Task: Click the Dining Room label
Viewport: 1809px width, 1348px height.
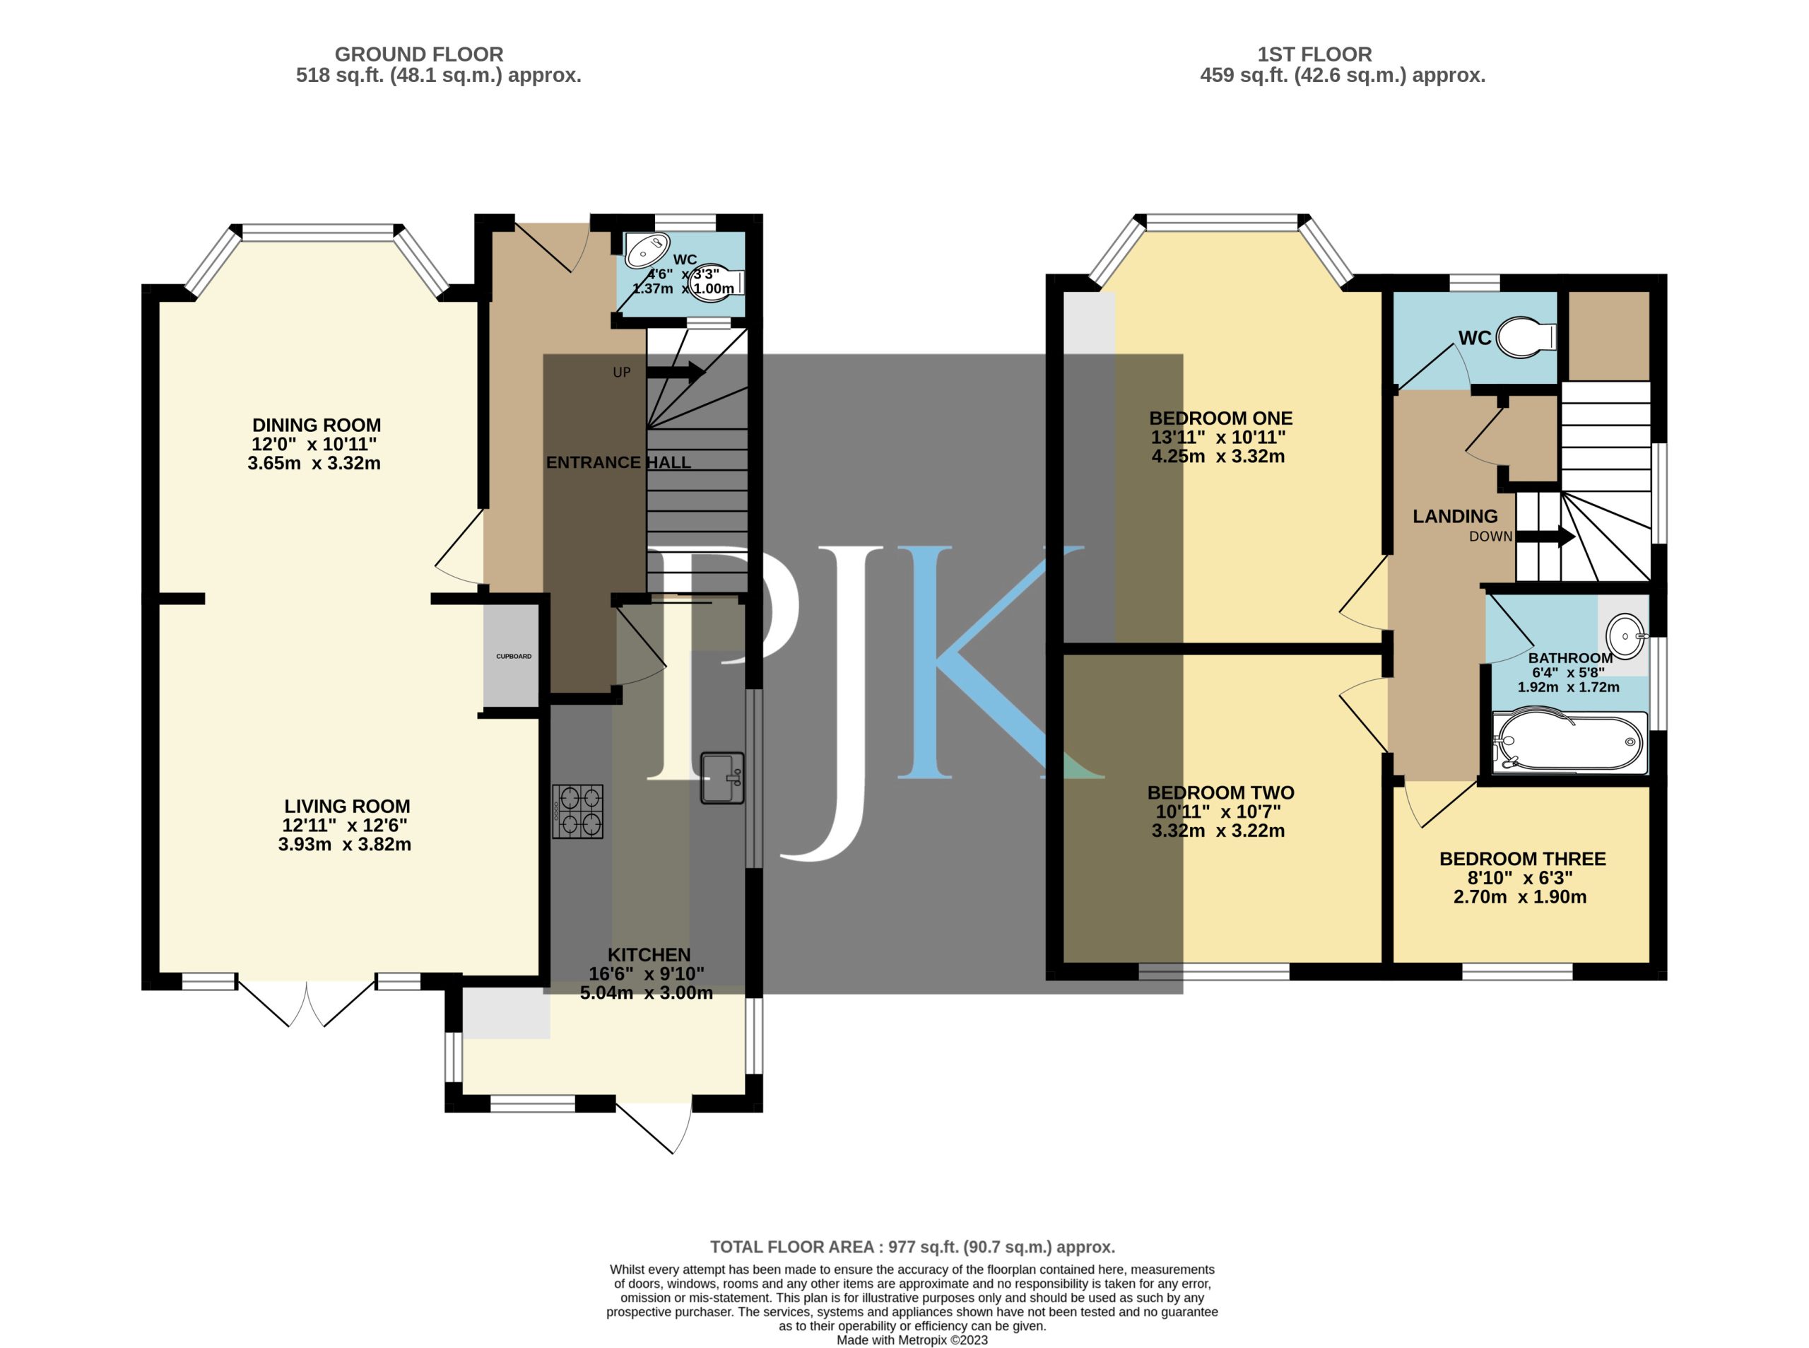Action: (x=317, y=425)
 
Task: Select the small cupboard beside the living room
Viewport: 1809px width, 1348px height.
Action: (x=512, y=656)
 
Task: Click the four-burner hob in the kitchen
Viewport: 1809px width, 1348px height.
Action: (x=577, y=811)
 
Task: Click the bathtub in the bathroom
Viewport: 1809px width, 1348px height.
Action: (x=1567, y=742)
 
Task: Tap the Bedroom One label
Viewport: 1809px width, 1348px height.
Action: (x=1220, y=418)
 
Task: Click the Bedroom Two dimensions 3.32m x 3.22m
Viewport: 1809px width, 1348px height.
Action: (x=1218, y=831)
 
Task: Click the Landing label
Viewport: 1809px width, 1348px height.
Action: (x=1455, y=516)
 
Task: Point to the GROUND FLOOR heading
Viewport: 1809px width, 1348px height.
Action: (x=418, y=54)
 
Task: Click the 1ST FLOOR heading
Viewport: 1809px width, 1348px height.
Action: (x=1314, y=54)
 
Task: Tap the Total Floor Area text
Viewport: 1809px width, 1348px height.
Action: (x=912, y=1246)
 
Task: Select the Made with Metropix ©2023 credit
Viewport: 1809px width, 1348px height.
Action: (x=912, y=1340)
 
